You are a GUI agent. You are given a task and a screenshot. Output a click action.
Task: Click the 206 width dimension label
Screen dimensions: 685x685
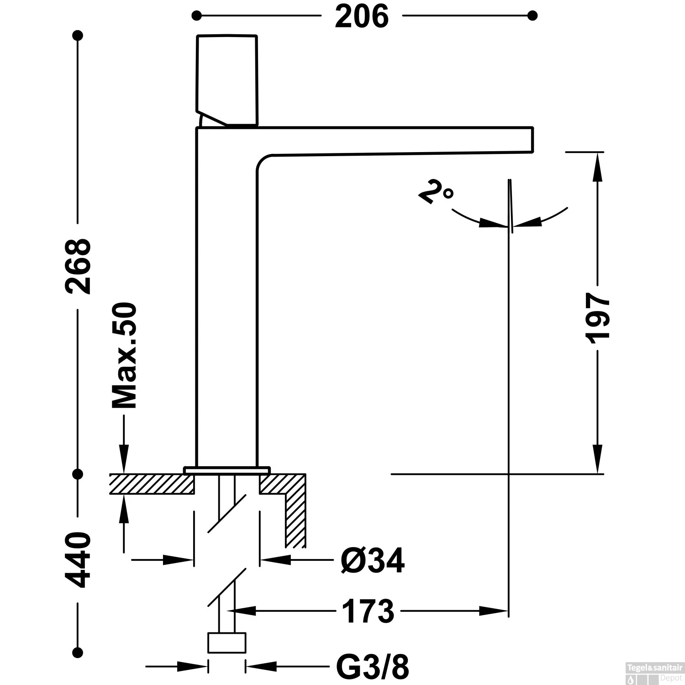pos(362,16)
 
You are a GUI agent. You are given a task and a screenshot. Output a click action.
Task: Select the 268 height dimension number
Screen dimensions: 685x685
pos(78,266)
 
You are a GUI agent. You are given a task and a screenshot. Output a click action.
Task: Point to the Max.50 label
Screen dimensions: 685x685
pos(124,355)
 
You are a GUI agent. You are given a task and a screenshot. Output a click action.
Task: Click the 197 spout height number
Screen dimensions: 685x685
pos(597,318)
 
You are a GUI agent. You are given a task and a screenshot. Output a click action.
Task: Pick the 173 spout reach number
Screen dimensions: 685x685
pos(368,611)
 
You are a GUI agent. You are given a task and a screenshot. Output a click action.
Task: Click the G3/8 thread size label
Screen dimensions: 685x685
pos(373,668)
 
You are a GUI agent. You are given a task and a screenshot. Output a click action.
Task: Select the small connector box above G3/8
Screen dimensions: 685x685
pos(227,643)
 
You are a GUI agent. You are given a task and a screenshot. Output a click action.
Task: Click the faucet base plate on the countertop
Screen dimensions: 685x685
pos(227,470)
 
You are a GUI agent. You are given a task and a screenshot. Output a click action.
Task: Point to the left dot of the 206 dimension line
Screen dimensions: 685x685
pos(196,16)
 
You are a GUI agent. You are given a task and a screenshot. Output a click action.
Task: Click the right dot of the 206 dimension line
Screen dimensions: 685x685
pos(532,16)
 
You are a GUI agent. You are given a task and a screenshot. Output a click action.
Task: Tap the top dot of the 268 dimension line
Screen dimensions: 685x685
pos(78,35)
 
